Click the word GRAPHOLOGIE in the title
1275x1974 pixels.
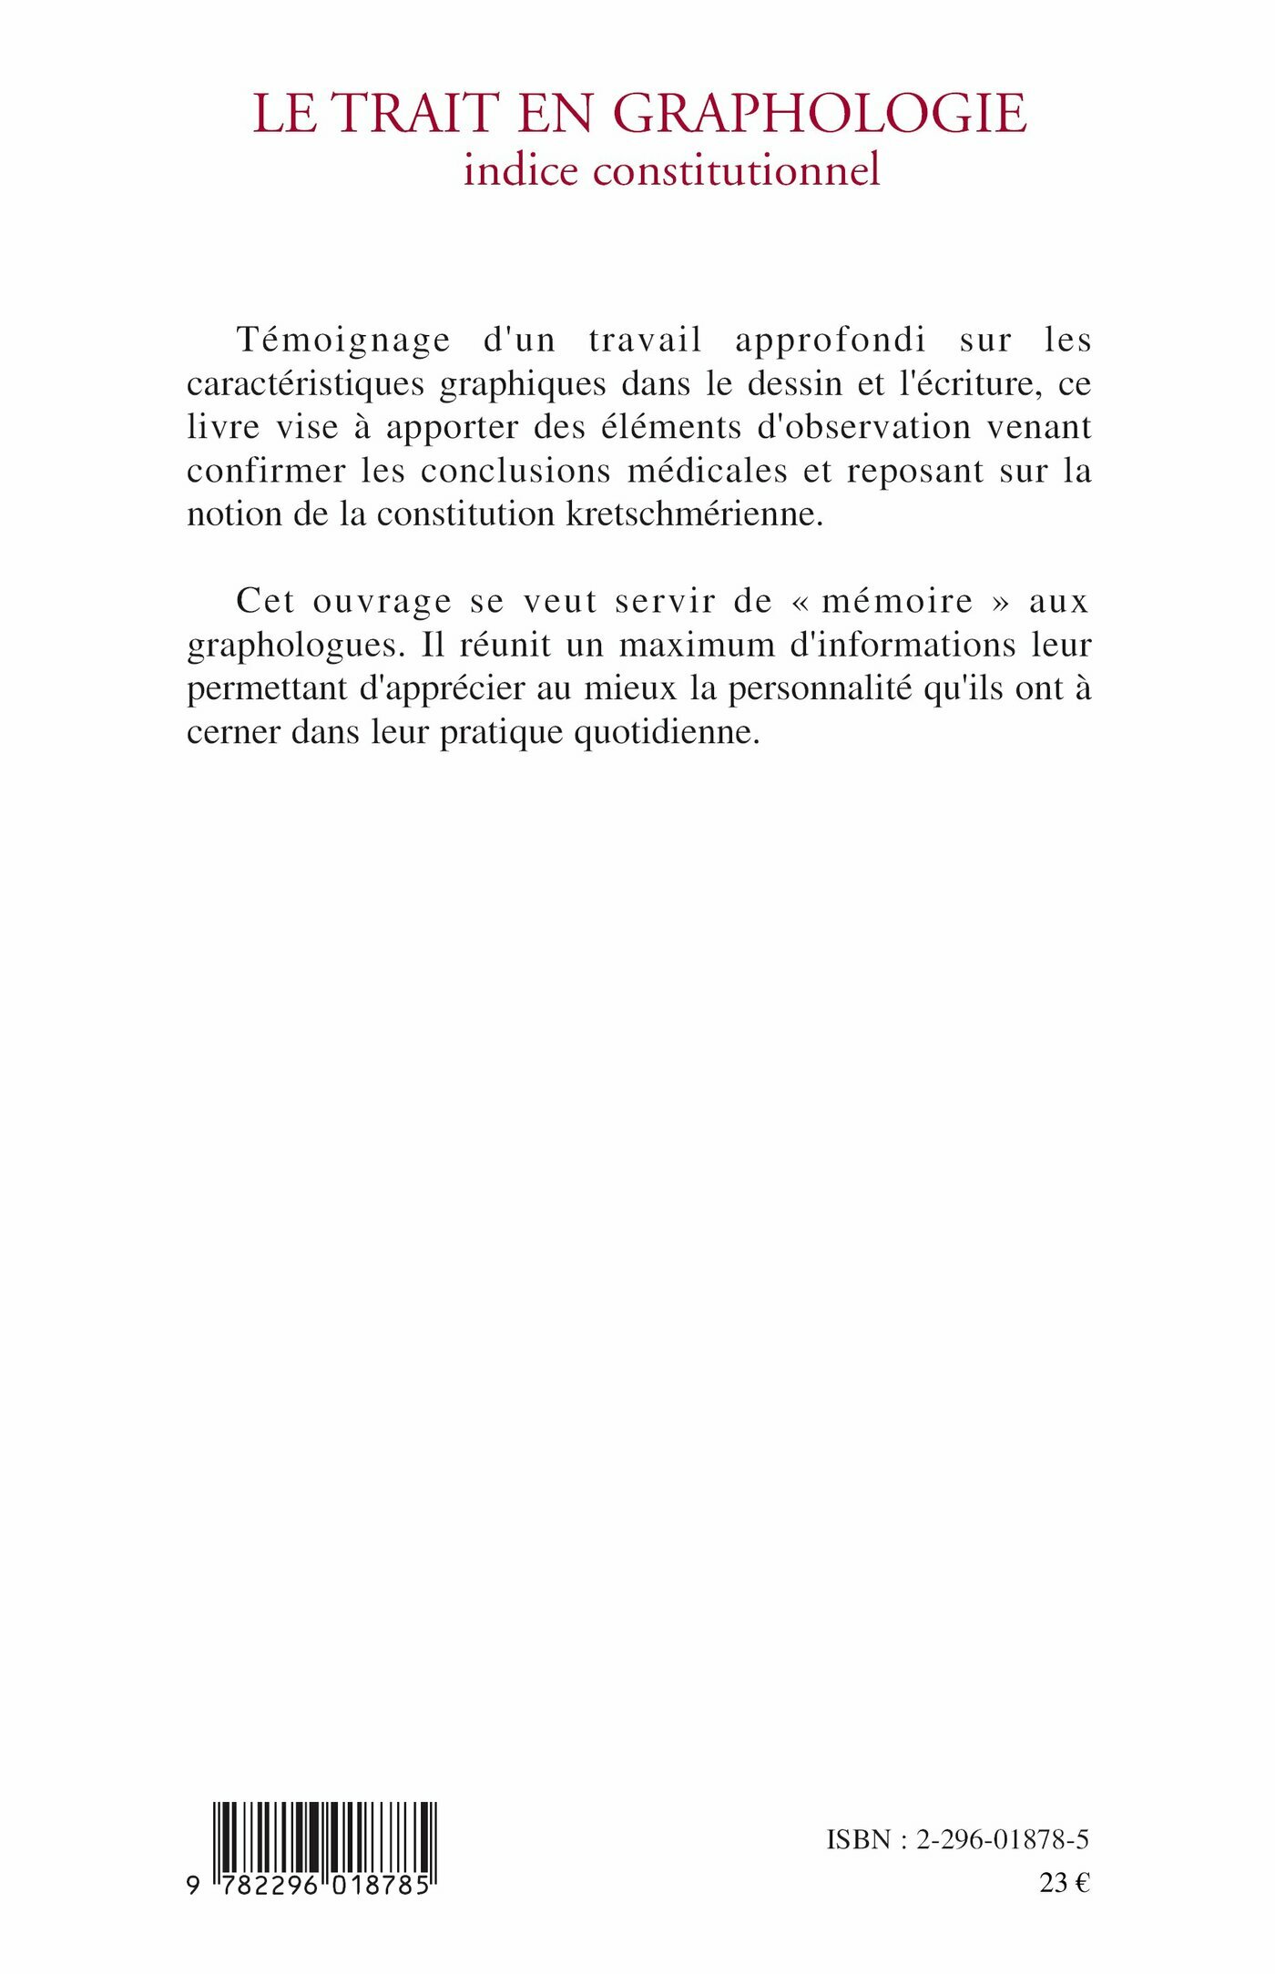(x=821, y=114)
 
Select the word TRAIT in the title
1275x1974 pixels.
(x=414, y=114)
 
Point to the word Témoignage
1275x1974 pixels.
(x=343, y=340)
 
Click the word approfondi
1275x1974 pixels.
(x=830, y=340)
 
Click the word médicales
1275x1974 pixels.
(x=708, y=471)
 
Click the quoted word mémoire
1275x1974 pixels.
(x=897, y=601)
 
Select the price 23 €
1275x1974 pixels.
(x=1064, y=1883)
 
